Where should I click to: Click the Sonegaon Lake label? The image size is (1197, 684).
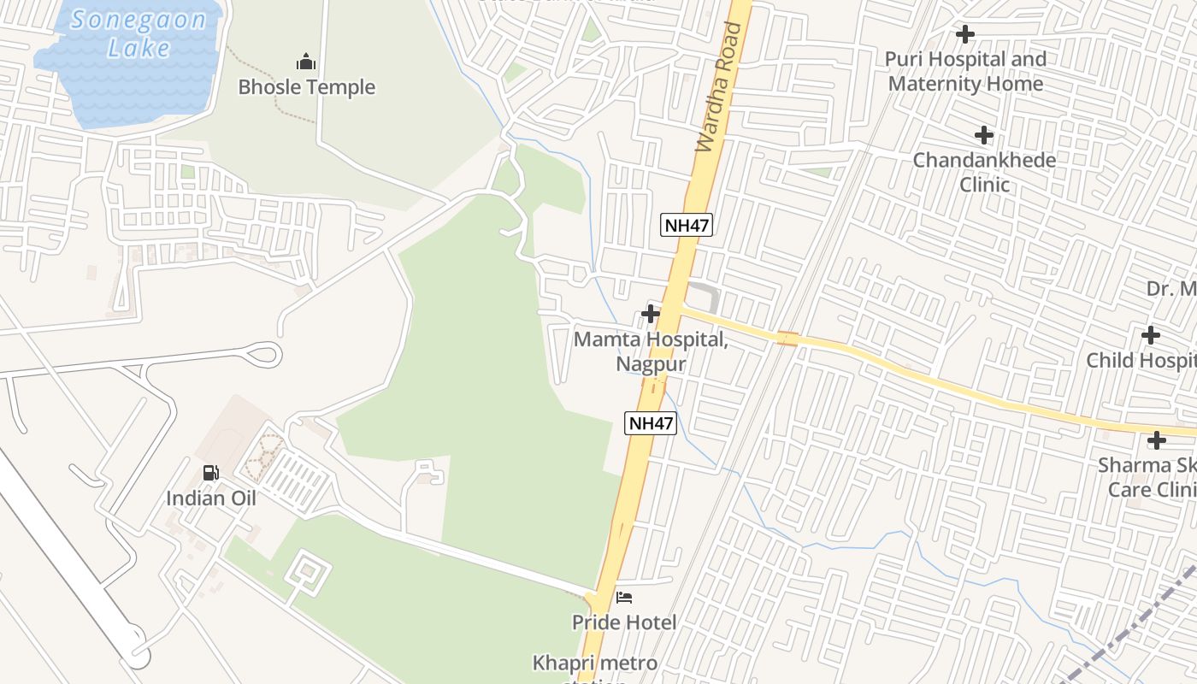[139, 33]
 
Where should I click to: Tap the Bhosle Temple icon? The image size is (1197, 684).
[306, 62]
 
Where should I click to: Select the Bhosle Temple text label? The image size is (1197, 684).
[306, 87]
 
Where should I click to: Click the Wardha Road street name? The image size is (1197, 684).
[719, 88]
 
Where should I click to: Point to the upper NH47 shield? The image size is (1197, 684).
[687, 226]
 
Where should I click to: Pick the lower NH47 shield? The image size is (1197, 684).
[651, 422]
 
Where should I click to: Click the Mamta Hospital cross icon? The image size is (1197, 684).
[651, 314]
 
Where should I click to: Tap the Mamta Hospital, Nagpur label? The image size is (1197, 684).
[651, 351]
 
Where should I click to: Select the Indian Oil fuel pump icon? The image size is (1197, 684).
[210, 473]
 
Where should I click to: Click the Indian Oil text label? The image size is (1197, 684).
[210, 498]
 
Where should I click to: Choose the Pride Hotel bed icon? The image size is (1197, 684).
[624, 597]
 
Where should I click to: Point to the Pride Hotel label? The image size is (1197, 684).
[624, 622]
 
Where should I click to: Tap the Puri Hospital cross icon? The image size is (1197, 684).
[965, 34]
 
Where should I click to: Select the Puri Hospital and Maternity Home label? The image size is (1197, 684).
[965, 72]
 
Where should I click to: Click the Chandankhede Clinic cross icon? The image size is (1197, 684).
[984, 135]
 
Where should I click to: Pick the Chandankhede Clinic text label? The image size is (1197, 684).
[984, 172]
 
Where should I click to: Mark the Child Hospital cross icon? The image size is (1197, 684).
[1151, 334]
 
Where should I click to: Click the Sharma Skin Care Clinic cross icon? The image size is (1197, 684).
[1157, 440]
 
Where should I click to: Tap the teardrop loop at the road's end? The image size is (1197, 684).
[265, 352]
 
